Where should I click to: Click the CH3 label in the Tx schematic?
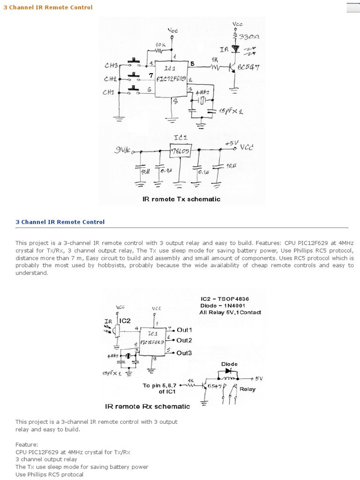[x=111, y=66]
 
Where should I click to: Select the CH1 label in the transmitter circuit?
[x=108, y=92]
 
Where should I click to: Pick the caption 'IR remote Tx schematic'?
[x=181, y=199]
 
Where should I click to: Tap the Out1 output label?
[x=184, y=330]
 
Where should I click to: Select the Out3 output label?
[x=184, y=352]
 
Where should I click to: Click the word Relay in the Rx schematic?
[x=247, y=389]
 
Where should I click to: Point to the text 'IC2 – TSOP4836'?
[x=222, y=298]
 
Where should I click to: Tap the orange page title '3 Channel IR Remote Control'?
[x=48, y=7]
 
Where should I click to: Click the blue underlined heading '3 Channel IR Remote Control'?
[x=60, y=222]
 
